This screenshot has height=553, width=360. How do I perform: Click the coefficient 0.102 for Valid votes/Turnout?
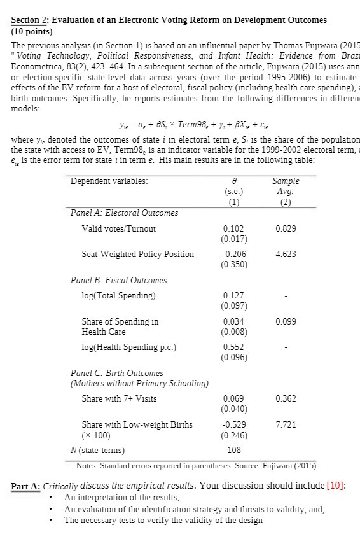[233, 228]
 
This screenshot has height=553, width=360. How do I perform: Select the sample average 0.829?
[287, 228]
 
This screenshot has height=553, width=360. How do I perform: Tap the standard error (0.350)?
[233, 265]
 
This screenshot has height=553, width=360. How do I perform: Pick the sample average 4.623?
[287, 254]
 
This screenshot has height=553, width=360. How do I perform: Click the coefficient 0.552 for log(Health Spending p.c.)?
[233, 347]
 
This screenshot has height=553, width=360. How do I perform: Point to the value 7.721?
[287, 424]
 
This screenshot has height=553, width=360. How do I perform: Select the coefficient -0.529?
[233, 424]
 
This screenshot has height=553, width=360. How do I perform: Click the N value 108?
[234, 450]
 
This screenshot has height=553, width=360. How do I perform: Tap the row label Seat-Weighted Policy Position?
[137, 254]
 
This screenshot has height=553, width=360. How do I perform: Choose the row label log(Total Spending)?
[118, 295]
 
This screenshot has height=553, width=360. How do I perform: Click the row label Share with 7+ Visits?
[119, 399]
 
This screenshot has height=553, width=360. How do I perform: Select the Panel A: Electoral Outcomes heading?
[124, 213]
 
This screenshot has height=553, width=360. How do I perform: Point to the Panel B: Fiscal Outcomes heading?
[118, 280]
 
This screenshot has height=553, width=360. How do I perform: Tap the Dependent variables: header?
[109, 181]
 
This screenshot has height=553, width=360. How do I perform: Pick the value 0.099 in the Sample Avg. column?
[287, 322]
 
